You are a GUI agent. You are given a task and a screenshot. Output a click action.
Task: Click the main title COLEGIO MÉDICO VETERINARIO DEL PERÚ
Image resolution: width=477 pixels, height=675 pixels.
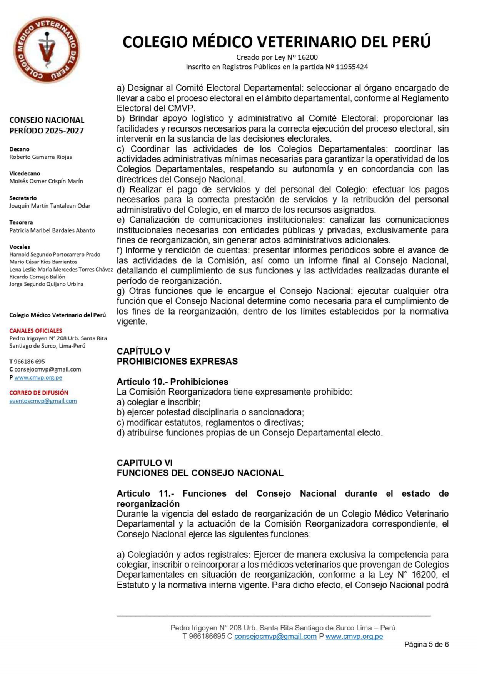pos(277,42)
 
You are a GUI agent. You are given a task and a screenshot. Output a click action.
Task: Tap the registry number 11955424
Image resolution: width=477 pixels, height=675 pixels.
pos(352,67)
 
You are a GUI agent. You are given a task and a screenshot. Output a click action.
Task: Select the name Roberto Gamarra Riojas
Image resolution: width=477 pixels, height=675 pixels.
pos(40,157)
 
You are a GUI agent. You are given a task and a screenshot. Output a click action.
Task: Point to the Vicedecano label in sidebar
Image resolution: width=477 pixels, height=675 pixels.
pos(25,173)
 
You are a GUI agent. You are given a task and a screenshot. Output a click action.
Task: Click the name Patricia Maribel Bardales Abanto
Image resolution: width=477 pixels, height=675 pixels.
pos(52,230)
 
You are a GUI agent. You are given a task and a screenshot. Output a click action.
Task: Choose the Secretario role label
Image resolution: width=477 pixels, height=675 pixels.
pos(23,198)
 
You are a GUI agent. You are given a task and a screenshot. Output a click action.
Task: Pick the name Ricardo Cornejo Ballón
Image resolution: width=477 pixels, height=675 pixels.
pos(37,277)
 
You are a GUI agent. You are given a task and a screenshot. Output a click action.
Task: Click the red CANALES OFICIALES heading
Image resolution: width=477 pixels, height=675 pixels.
pos(36,331)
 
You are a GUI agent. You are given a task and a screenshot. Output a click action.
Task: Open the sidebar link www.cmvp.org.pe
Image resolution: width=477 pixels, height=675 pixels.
pos(38,378)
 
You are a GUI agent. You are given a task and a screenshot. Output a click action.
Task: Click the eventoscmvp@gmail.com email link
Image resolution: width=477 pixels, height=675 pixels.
pos(43,401)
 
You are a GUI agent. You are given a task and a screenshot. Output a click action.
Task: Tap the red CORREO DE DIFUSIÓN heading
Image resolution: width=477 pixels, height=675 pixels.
pos(39,393)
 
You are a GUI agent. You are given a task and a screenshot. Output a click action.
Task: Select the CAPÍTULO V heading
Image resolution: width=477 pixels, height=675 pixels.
pos(143,351)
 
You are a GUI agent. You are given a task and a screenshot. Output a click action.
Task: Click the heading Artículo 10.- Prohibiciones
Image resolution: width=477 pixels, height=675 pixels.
pos(172,382)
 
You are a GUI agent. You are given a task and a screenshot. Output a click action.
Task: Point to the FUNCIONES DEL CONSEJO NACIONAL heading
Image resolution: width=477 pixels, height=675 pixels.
pos(200,473)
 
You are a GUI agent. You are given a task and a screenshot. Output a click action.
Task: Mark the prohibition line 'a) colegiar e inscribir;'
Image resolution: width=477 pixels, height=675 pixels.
pos(158,402)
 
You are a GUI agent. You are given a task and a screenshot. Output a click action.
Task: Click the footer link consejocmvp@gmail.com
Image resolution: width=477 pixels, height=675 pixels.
pos(275,636)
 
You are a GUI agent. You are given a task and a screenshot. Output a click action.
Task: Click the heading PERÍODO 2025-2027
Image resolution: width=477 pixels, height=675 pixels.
pos(47,131)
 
